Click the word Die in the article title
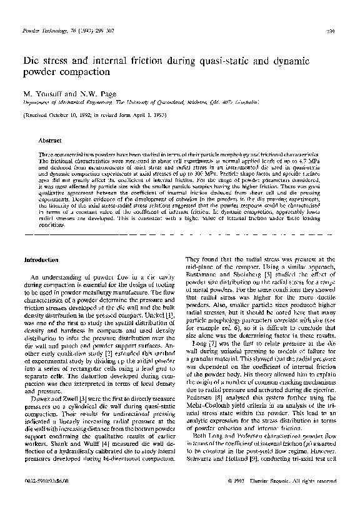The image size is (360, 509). pos(31,62)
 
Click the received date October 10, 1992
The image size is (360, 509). pos(70,116)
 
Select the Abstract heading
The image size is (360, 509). pos(49,141)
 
